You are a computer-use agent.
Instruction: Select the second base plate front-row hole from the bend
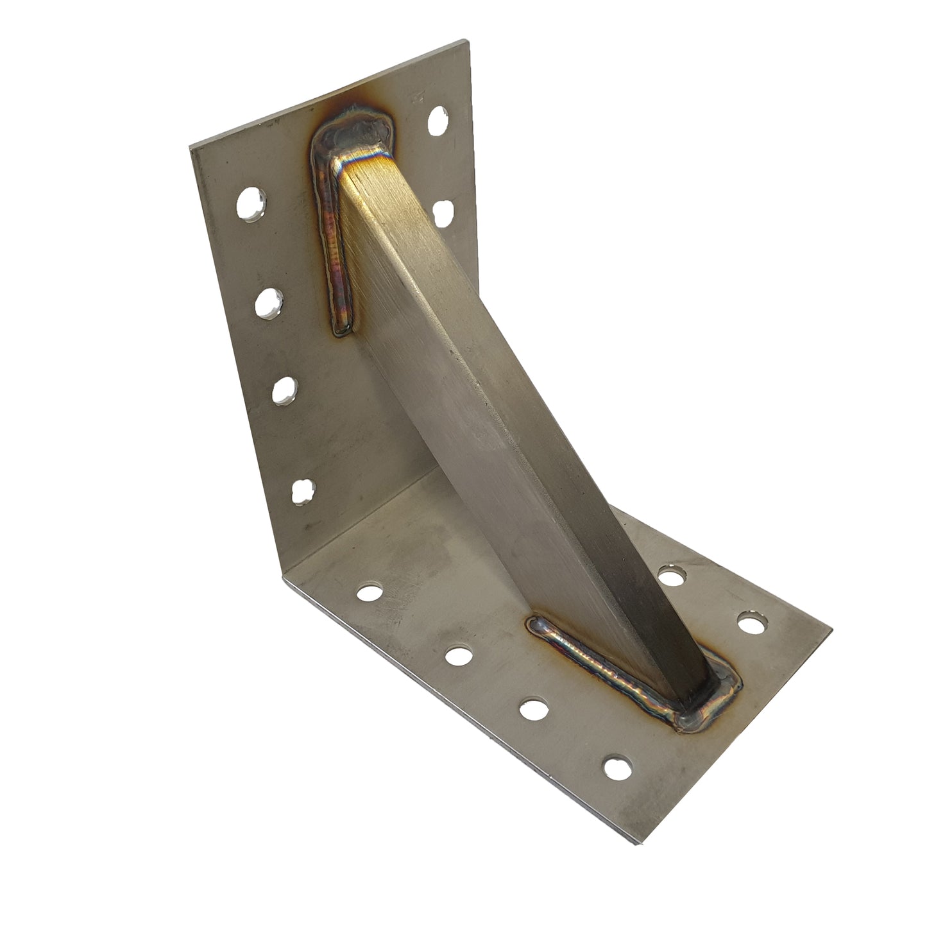[x=457, y=655]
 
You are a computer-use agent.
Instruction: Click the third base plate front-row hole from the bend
[x=532, y=709]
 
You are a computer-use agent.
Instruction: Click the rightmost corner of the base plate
[x=831, y=632]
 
